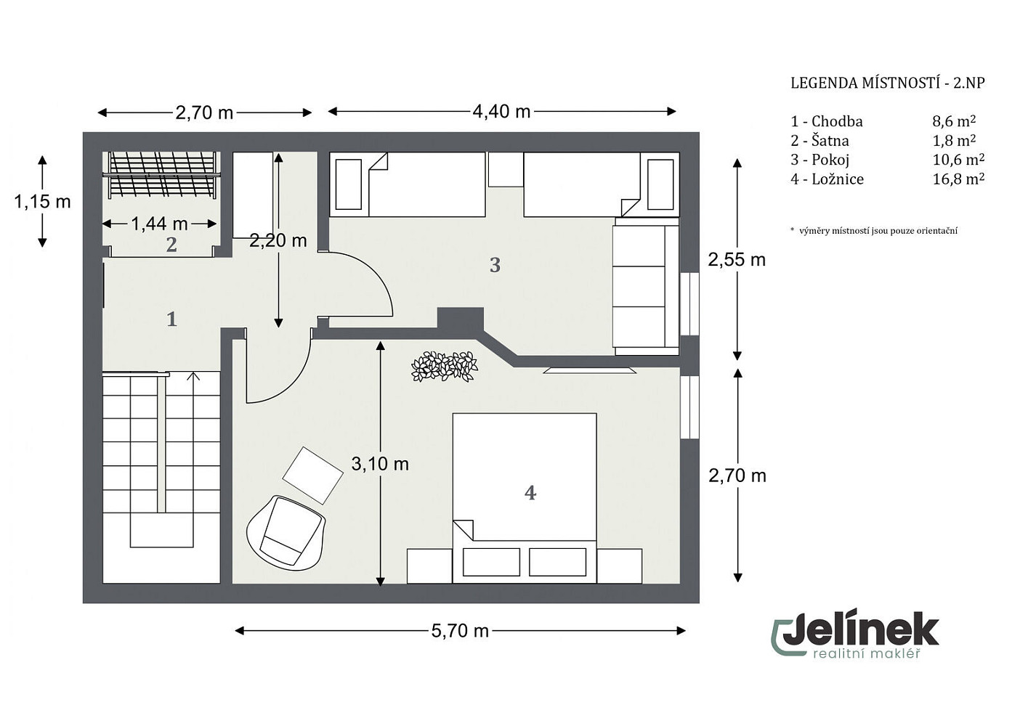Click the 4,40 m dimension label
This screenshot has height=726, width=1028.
point(501,112)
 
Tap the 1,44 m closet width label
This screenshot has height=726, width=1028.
point(159,224)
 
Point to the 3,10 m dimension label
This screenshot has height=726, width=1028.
point(380,464)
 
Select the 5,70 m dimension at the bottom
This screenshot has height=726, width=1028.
point(460,631)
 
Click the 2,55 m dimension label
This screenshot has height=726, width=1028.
point(737,260)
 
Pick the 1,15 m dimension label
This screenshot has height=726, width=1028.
point(42,201)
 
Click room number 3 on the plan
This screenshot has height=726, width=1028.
point(495,265)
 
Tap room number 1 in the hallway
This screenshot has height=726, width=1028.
point(171,319)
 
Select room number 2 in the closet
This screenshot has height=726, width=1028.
point(171,245)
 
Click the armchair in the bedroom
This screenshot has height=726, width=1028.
point(286,533)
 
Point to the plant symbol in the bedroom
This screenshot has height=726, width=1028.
point(444,367)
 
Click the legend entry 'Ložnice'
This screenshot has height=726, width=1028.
point(838,179)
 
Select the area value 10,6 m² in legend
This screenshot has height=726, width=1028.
point(958,160)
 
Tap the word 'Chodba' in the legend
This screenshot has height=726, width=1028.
point(837,121)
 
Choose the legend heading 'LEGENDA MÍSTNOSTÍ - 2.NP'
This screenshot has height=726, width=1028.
point(888,83)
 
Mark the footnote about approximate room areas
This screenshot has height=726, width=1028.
point(874,231)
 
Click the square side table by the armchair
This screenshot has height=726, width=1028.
point(313,475)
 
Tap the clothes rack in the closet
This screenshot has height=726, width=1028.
point(161,175)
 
